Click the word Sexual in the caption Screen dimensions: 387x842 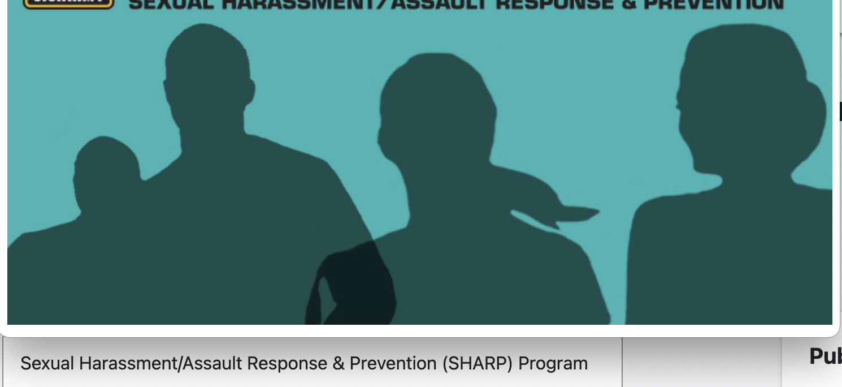(x=47, y=363)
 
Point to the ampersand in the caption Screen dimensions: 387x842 (x=339, y=363)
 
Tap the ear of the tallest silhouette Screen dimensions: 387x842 (x=249, y=91)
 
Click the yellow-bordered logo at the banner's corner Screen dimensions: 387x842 (x=68, y=3)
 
